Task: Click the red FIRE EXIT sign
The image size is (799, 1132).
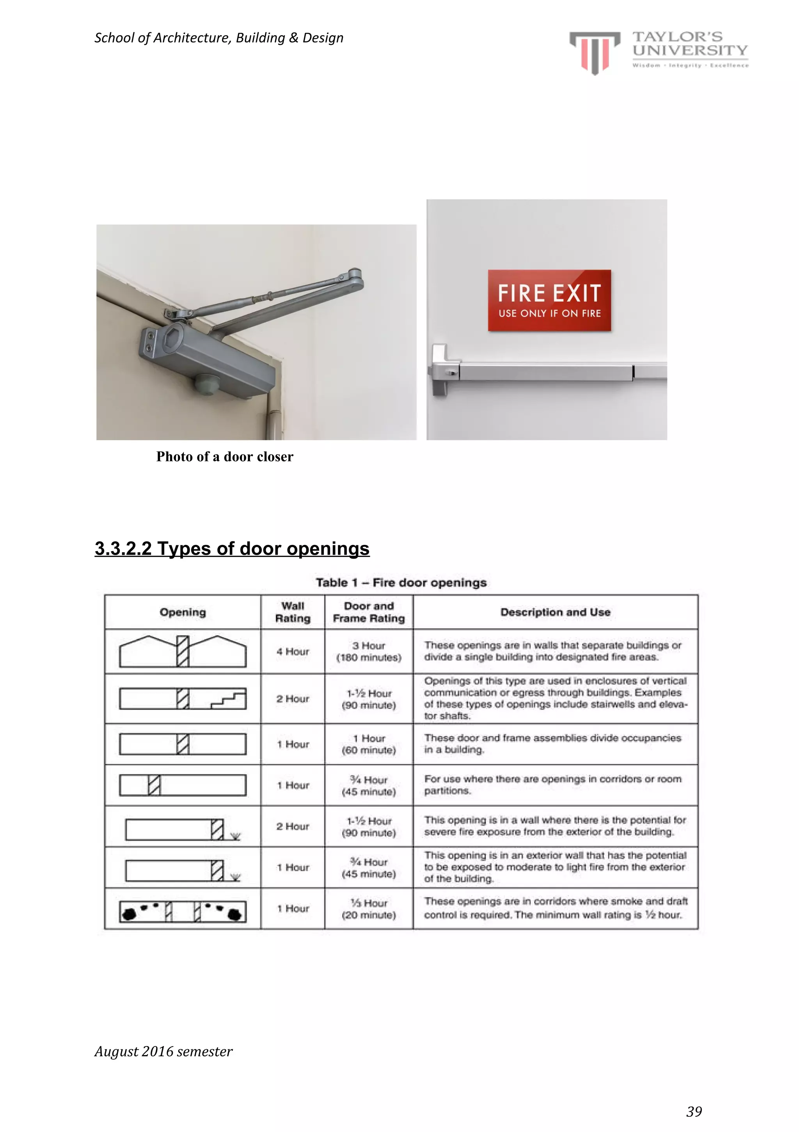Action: (549, 300)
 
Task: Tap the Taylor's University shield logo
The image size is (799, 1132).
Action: (595, 52)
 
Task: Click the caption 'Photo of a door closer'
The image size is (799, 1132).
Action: (224, 457)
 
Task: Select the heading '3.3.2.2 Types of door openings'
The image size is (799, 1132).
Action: (232, 548)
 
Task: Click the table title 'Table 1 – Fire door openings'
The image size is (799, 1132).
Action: (401, 583)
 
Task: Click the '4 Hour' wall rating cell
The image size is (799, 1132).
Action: (293, 651)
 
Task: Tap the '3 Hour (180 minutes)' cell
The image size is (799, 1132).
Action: (369, 651)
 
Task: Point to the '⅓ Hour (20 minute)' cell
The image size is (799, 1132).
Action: (369, 909)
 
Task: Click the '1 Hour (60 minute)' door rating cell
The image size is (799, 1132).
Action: (369, 744)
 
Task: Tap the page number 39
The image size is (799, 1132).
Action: (694, 1111)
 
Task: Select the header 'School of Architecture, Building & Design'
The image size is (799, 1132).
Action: (218, 38)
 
